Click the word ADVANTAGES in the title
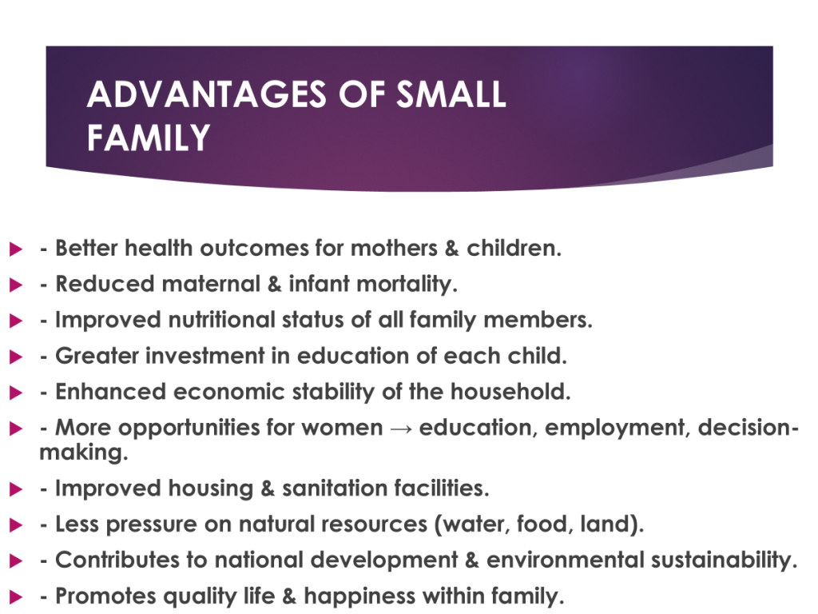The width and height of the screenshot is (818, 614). (x=207, y=94)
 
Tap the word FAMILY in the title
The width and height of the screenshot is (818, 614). (x=148, y=138)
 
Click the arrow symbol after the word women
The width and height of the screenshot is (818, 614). (x=401, y=429)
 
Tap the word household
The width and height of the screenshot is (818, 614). (x=510, y=392)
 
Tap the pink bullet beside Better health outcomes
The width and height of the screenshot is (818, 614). (x=16, y=249)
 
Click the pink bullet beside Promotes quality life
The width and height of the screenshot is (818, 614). (x=16, y=596)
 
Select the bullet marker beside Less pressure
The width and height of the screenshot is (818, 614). (x=16, y=524)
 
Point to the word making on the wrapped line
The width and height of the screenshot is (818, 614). (x=83, y=453)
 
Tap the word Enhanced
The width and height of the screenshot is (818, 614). (x=110, y=392)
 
